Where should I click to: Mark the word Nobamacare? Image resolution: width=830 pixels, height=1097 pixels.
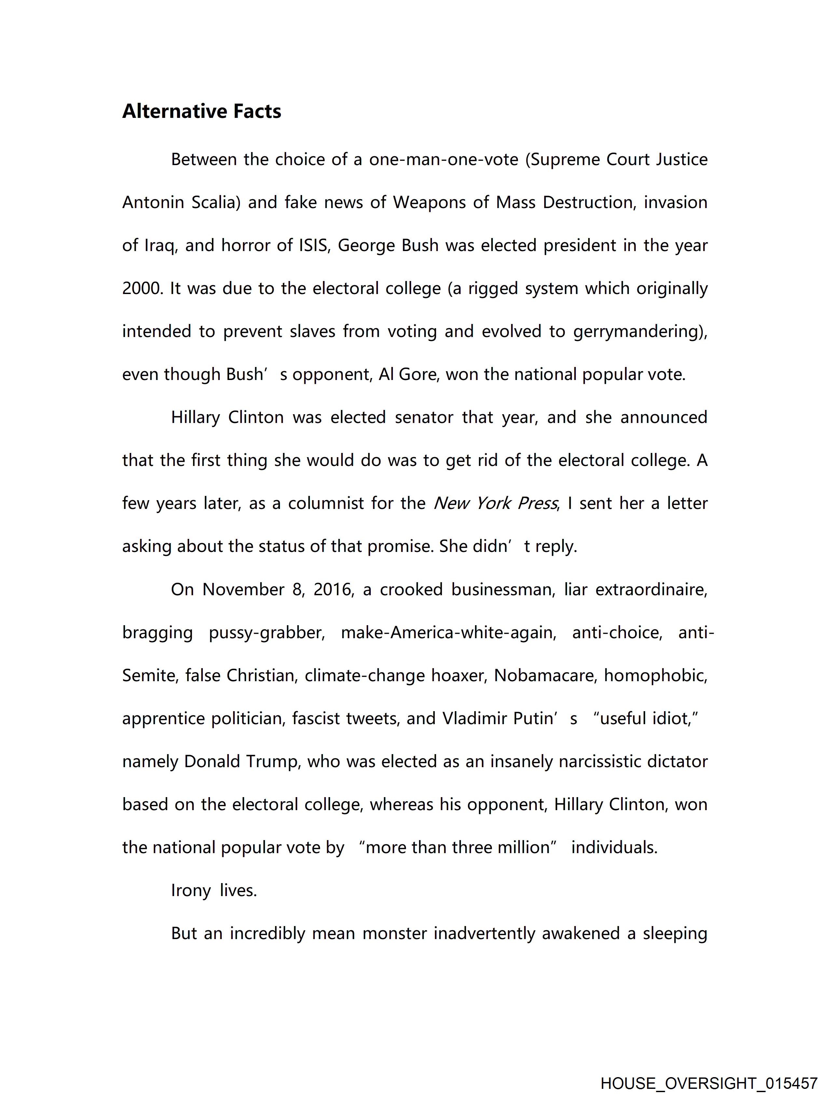(x=545, y=675)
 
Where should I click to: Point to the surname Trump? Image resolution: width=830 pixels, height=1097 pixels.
(x=273, y=761)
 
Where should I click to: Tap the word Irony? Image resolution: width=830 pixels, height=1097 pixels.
(x=191, y=891)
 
